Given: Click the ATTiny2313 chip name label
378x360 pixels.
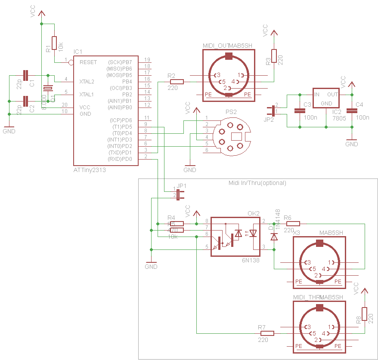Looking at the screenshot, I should [90, 170].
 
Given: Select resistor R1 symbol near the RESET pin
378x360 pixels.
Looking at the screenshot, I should [54, 43].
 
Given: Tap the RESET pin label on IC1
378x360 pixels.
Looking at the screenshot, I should [88, 62].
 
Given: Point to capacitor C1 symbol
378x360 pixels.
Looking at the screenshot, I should [26, 76].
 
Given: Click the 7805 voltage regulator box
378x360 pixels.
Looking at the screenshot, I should [326, 98].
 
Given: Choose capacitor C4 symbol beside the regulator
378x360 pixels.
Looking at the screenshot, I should [352, 111].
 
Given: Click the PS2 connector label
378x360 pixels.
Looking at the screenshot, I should [231, 112].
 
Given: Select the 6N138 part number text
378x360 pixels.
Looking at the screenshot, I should [250, 260].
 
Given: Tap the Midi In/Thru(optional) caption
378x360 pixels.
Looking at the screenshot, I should [257, 183].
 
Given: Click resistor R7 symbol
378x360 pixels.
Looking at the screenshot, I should [267, 333].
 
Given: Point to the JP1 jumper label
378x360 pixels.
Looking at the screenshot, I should [182, 185].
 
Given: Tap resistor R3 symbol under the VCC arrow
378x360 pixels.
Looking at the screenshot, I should [274, 56].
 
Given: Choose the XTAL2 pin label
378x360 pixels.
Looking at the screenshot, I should [87, 81].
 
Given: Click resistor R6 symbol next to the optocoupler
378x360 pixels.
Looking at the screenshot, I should [293, 223].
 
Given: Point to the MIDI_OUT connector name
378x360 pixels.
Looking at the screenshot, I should [215, 46].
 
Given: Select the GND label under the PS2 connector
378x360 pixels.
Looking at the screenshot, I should [189, 170].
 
